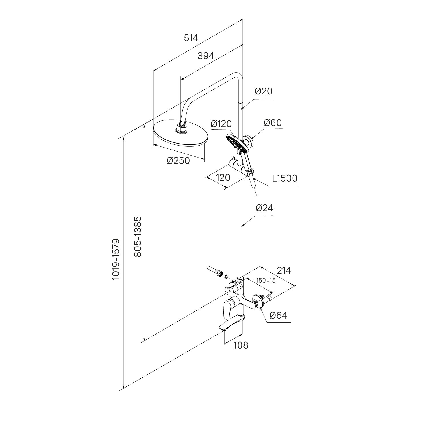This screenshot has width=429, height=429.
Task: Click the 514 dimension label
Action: [x=191, y=38]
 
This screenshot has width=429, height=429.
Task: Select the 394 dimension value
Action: [x=206, y=56]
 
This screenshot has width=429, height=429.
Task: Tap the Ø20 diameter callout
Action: [x=263, y=91]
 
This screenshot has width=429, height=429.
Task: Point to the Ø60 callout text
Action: [x=273, y=123]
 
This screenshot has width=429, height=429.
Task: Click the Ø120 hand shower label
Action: [x=221, y=124]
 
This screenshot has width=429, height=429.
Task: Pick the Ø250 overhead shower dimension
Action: [x=178, y=161]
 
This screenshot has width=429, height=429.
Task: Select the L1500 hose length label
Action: [x=285, y=178]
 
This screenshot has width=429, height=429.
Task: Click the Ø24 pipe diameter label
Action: [x=264, y=208]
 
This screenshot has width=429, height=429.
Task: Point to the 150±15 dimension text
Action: [x=266, y=280]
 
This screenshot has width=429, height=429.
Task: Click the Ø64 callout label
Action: [x=278, y=315]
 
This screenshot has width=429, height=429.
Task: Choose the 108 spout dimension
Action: [x=241, y=345]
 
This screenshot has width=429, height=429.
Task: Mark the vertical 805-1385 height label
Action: [x=138, y=236]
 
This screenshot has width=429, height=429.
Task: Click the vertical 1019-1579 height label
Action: [x=116, y=259]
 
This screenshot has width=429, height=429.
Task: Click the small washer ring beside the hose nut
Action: [x=226, y=277]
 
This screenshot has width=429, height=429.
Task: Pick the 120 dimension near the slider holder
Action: [x=223, y=178]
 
